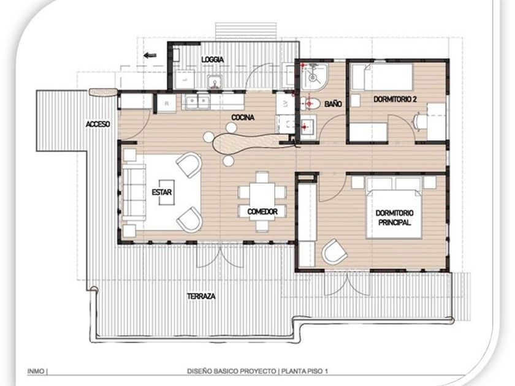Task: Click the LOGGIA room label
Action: [x=213, y=59]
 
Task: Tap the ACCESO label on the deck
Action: [x=98, y=124]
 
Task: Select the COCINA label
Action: [x=243, y=117]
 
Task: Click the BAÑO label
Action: [x=333, y=104]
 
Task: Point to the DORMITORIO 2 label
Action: [x=395, y=99]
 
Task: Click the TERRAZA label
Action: [x=201, y=296]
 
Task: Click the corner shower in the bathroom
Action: [x=313, y=77]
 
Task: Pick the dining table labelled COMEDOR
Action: [x=262, y=201]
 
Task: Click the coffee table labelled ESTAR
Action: [x=167, y=192]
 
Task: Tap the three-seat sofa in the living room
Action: [x=134, y=192]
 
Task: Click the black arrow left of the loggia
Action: [x=150, y=55]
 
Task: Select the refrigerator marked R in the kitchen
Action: [x=167, y=104]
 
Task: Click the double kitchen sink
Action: [x=197, y=102]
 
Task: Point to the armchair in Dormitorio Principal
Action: [x=334, y=252]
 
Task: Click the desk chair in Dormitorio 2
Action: [x=418, y=121]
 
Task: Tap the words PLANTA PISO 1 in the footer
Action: [x=305, y=371]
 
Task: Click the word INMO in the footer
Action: [x=36, y=371]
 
